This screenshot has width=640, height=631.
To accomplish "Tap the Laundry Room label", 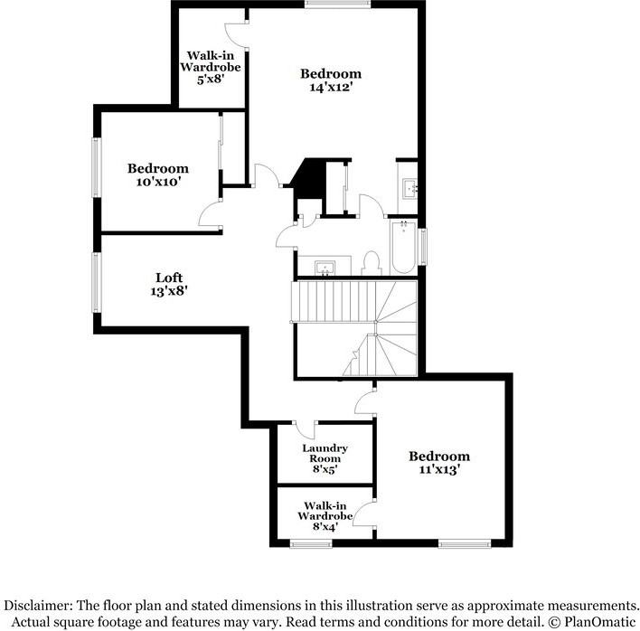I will pos(325,454).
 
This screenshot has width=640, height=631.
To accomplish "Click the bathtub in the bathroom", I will pos(402,247).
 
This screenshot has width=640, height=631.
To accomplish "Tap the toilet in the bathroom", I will pos(371,262).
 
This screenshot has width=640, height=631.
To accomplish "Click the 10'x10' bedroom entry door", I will pos(211,213).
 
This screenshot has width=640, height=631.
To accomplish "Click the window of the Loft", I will pos(97,282).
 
